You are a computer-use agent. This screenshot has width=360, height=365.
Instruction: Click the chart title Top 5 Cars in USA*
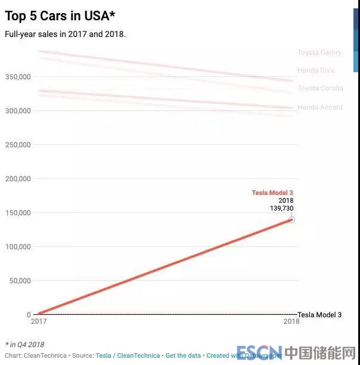tap(60, 16)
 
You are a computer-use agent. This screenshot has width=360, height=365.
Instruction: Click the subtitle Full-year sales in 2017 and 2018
tap(65, 34)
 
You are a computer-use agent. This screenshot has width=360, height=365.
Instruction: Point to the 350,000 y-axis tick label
tap(17, 76)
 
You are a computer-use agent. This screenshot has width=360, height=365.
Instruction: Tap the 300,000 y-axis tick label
tap(17, 110)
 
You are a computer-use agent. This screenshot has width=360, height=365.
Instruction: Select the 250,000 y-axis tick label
tap(17, 144)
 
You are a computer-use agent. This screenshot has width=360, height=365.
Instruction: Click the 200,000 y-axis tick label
tap(17, 178)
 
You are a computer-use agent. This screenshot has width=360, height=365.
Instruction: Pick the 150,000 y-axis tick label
tap(17, 212)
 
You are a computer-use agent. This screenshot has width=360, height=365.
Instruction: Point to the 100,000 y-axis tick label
tap(17, 246)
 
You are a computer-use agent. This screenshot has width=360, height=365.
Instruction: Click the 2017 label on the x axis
tap(39, 321)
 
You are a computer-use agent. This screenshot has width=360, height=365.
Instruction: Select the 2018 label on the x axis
tap(290, 321)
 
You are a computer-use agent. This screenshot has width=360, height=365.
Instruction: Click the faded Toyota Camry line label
tap(319, 52)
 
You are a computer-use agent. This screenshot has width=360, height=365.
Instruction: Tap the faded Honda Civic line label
tap(316, 70)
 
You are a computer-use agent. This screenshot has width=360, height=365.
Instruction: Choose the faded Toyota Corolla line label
tap(321, 88)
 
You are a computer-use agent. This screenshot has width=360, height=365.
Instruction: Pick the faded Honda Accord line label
tap(320, 107)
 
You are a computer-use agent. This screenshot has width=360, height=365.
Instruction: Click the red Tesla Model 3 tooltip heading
tap(272, 193)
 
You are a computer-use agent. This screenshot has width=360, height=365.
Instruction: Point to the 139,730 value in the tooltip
tap(282, 208)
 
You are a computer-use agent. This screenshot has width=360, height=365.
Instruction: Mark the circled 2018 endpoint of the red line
tap(292, 219)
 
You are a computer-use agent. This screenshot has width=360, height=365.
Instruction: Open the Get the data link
tap(183, 355)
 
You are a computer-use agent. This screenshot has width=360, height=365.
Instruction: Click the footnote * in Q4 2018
tap(24, 345)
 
